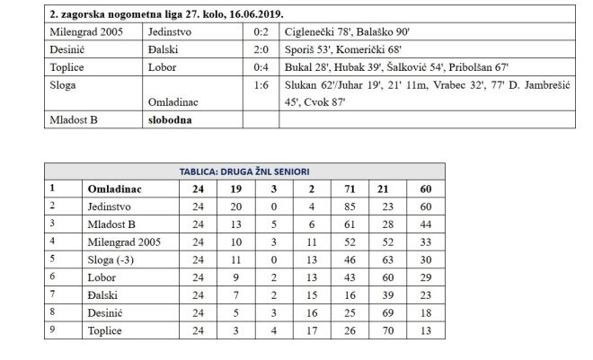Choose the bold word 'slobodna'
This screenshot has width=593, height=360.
[x=171, y=119]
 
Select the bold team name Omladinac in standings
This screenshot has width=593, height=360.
[x=115, y=189]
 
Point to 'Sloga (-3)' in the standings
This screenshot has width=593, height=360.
[x=112, y=258]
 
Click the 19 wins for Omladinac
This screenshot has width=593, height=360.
[x=235, y=189]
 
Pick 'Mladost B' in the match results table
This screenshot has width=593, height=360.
[x=74, y=119]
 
